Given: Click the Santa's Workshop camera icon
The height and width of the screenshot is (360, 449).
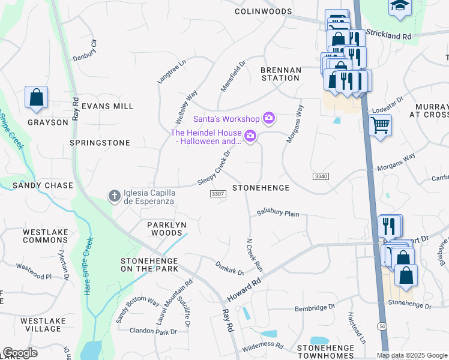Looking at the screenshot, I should [269, 118].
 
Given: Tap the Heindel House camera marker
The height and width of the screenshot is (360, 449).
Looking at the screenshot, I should [250, 137].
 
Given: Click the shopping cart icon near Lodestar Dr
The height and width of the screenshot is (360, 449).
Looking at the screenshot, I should [380, 126].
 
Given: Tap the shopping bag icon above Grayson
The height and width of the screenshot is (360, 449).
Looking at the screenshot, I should [36, 97].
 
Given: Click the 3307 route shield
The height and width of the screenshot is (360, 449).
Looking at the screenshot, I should [218, 194].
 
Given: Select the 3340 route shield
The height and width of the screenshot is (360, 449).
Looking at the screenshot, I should [321, 176].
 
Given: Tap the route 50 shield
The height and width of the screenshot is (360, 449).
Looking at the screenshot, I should [382, 325].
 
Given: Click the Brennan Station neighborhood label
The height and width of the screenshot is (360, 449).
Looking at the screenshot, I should [280, 74].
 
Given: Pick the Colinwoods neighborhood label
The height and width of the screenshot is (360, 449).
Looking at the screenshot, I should [263, 11].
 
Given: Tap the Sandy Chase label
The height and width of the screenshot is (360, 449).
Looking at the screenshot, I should [43, 185].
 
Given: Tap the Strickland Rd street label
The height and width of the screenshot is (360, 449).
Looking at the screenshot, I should [388, 35].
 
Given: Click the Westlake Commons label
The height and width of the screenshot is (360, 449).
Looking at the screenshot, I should [45, 236].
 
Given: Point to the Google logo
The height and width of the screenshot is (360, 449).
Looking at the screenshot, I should [20, 353].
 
